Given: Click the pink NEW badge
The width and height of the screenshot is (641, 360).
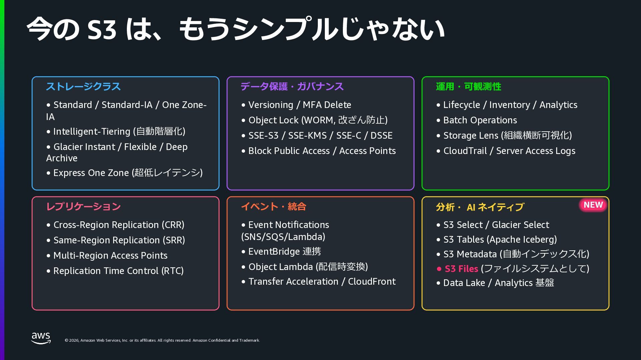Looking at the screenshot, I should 593,205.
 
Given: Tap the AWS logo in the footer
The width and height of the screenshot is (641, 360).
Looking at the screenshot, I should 41,338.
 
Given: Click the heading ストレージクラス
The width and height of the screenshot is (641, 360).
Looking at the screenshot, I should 83,87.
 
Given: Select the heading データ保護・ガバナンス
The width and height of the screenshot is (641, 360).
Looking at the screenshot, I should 292,87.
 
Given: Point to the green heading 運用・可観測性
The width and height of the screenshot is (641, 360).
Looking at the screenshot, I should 468,87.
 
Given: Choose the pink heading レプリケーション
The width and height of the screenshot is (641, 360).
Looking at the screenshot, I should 83,207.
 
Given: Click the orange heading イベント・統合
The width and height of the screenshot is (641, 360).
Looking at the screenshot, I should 273,207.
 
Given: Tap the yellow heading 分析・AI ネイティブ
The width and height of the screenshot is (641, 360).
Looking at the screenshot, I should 480,207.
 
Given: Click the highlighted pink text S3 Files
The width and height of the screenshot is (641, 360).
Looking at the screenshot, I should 461,269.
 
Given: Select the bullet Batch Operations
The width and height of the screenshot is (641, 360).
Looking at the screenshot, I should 480,120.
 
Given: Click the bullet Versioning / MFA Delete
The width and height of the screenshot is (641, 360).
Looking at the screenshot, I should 299,105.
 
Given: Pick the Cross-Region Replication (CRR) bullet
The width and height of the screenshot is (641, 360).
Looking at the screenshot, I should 119,225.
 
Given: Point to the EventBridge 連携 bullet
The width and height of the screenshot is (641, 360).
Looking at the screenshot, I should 284,252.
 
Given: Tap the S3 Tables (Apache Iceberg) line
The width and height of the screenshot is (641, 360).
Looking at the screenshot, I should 500,240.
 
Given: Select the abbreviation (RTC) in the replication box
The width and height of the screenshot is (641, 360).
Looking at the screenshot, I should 173,271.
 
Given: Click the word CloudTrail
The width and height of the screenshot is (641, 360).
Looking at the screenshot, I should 465,151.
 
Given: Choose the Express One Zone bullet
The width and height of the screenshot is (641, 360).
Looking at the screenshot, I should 128,173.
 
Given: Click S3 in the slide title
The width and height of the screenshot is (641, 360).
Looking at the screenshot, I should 101,29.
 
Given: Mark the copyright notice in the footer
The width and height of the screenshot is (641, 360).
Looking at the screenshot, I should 162,340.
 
